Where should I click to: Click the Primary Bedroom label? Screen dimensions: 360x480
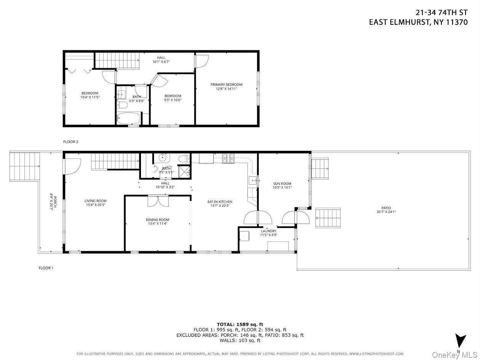(226, 85)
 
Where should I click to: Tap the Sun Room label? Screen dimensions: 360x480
(282, 184)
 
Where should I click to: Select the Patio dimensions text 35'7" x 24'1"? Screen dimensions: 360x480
(386, 212)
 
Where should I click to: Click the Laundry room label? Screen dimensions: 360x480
(269, 231)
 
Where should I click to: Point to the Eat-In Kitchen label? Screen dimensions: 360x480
(220, 202)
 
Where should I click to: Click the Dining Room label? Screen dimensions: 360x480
(157, 219)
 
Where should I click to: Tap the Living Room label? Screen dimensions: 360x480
(96, 201)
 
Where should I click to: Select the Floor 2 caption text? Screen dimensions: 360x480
(70, 142)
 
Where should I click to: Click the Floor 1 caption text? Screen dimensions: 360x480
(46, 268)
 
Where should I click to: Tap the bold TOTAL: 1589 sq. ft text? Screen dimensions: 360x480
(240, 324)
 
